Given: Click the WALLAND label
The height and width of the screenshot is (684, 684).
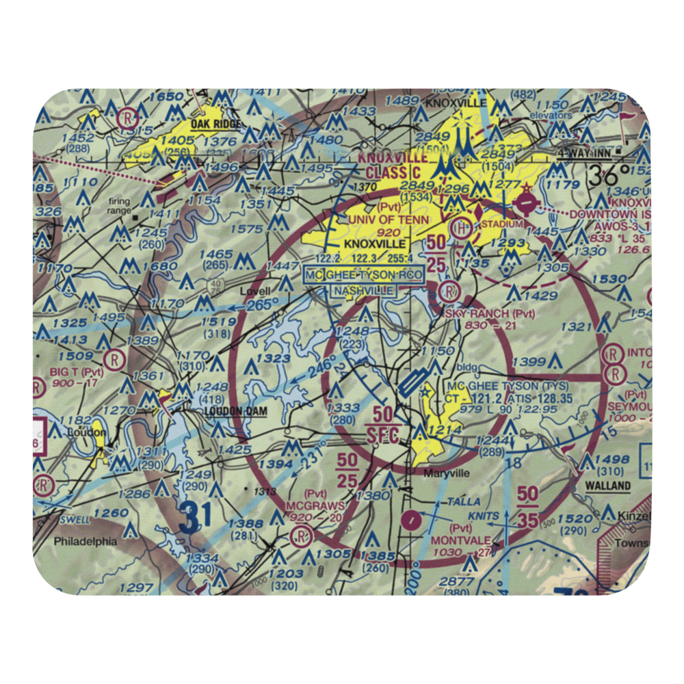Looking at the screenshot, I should click(607, 486).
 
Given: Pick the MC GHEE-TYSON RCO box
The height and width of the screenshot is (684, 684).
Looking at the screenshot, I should click(364, 275).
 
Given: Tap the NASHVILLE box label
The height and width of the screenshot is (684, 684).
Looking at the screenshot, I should click(364, 291).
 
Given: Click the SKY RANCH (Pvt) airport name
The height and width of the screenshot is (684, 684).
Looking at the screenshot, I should click(486, 313).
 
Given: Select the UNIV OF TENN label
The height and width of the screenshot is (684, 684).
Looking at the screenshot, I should click(389, 220).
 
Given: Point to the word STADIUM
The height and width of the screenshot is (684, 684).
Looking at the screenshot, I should click(502, 224).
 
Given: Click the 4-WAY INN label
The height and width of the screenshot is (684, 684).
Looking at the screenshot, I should click(581, 153).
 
